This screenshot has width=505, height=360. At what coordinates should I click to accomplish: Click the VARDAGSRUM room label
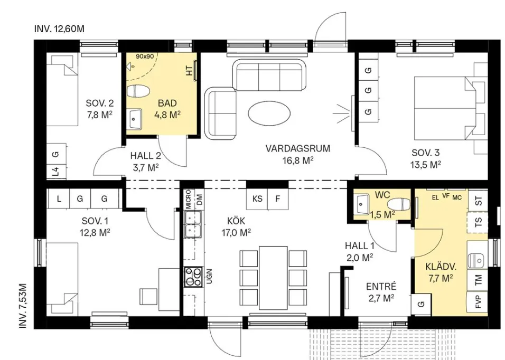pyautogui.click(x=297, y=148)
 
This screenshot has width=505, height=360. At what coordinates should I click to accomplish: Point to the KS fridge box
pyautogui.click(x=257, y=199)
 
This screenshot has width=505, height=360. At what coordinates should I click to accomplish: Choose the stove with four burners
pyautogui.click(x=192, y=276)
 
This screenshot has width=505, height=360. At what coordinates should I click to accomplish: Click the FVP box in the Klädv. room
pyautogui.click(x=479, y=304)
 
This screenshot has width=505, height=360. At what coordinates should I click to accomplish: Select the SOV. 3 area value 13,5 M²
pyautogui.click(x=426, y=164)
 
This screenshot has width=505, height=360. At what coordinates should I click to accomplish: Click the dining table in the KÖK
pyautogui.click(x=273, y=277)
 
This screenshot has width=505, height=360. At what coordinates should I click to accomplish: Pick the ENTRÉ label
pyautogui.click(x=381, y=287)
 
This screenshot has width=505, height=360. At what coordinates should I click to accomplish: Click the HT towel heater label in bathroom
pyautogui.click(x=189, y=71)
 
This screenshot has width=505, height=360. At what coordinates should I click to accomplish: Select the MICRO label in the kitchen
pyautogui.click(x=188, y=201)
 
